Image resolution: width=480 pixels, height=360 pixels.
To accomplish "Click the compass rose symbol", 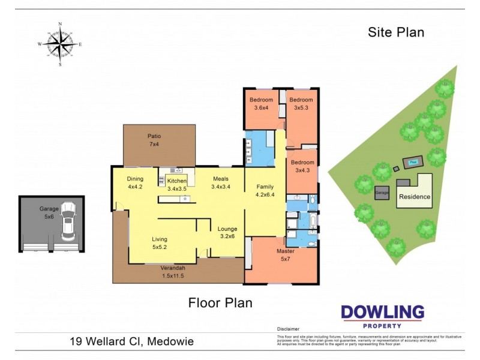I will (60, 44).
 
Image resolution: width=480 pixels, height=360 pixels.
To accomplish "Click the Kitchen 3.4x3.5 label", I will (177, 185).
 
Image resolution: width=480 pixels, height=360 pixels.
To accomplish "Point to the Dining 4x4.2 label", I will (135, 182).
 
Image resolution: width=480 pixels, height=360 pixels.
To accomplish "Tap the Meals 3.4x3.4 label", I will (221, 182).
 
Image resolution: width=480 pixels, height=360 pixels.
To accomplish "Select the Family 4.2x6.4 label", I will (265, 190).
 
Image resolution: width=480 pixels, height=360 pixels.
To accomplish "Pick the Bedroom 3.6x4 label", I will (262, 103).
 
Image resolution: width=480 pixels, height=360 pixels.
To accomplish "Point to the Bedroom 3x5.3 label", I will (301, 103).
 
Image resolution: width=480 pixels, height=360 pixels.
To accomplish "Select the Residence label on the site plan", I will (415, 196).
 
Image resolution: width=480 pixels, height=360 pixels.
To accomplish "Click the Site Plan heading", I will (396, 32).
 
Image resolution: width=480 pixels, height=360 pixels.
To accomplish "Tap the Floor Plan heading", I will (220, 302).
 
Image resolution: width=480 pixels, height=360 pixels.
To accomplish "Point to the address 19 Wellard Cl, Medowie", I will (130, 342).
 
